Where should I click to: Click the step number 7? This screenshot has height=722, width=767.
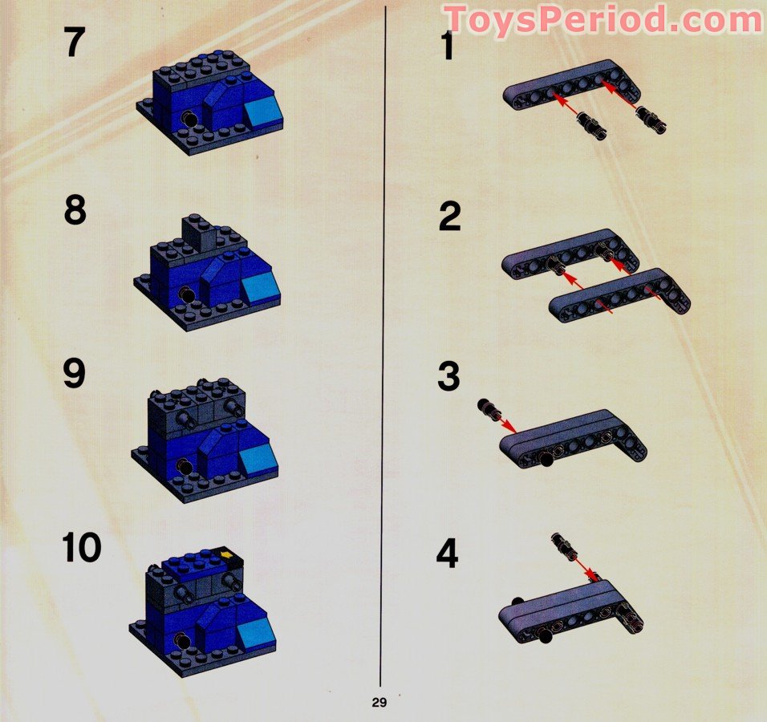pos(75,43)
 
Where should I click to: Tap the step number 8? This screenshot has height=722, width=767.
pos(75,210)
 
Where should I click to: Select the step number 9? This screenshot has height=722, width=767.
pos(75,373)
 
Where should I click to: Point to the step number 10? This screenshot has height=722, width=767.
pos(82,547)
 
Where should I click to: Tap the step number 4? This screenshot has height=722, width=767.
pos(447,554)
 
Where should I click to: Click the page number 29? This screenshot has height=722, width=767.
pos(379,703)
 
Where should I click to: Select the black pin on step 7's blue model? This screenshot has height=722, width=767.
pos(189,119)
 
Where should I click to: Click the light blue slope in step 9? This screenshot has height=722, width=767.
pos(258,460)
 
